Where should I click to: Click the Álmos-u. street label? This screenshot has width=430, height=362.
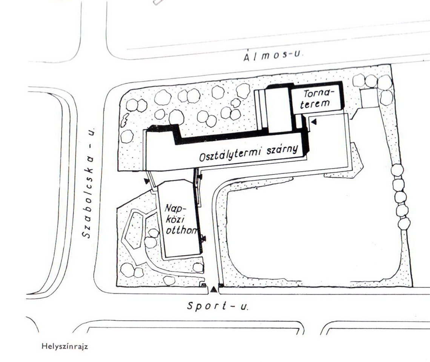click(273, 56)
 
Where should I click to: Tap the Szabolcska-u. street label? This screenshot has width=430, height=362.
click(89, 183)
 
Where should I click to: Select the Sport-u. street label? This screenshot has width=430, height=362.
click(218, 306)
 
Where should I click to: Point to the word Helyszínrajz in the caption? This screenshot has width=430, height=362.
click(65, 347)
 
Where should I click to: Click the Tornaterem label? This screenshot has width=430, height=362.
click(316, 99)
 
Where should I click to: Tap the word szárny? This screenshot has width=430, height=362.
click(282, 150)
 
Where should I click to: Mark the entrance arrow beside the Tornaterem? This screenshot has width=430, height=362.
click(314, 122)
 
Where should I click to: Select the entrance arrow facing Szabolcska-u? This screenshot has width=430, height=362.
click(147, 181)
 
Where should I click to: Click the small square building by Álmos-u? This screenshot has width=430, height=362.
click(369, 98)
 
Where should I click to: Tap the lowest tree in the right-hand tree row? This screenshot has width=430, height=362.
click(404, 224)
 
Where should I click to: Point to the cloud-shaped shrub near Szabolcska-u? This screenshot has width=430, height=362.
click(124, 120)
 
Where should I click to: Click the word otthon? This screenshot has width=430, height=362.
click(181, 231)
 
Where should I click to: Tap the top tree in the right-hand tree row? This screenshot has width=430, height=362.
click(397, 170)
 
